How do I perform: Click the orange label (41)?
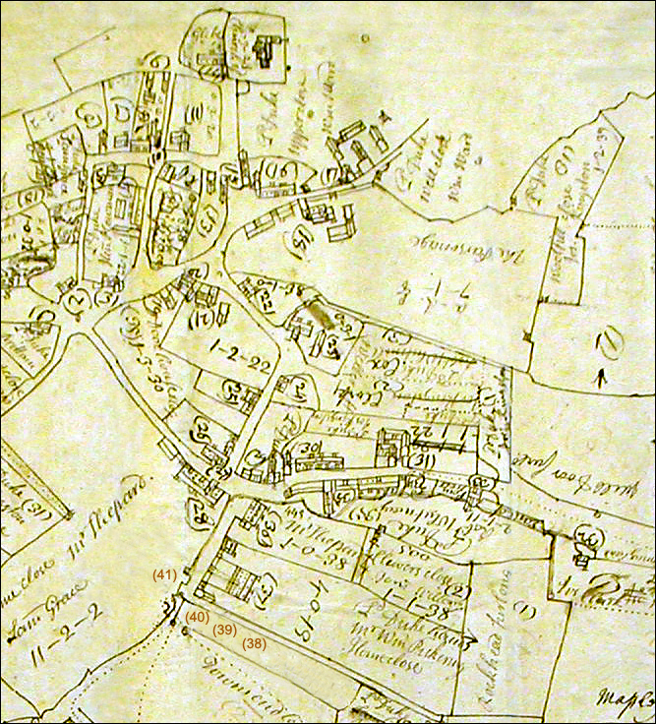(x=164, y=573)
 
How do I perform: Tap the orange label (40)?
(x=196, y=617)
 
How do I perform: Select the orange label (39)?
(x=225, y=630)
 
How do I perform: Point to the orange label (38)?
(x=255, y=643)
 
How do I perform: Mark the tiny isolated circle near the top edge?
(x=365, y=38)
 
